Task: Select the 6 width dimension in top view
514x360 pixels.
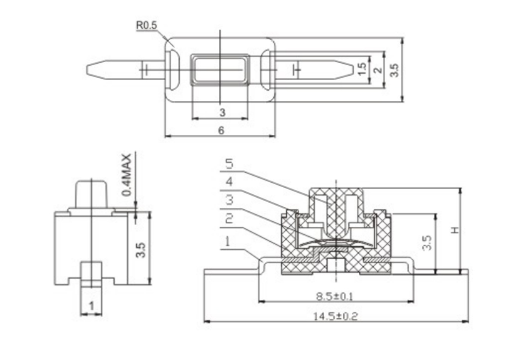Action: [221, 131]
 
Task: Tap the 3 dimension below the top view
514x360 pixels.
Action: [222, 113]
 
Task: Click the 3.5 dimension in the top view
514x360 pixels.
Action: [394, 69]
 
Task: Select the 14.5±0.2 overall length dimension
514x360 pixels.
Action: [335, 316]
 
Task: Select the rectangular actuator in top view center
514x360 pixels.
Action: [220, 69]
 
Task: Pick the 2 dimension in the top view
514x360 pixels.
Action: [378, 69]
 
